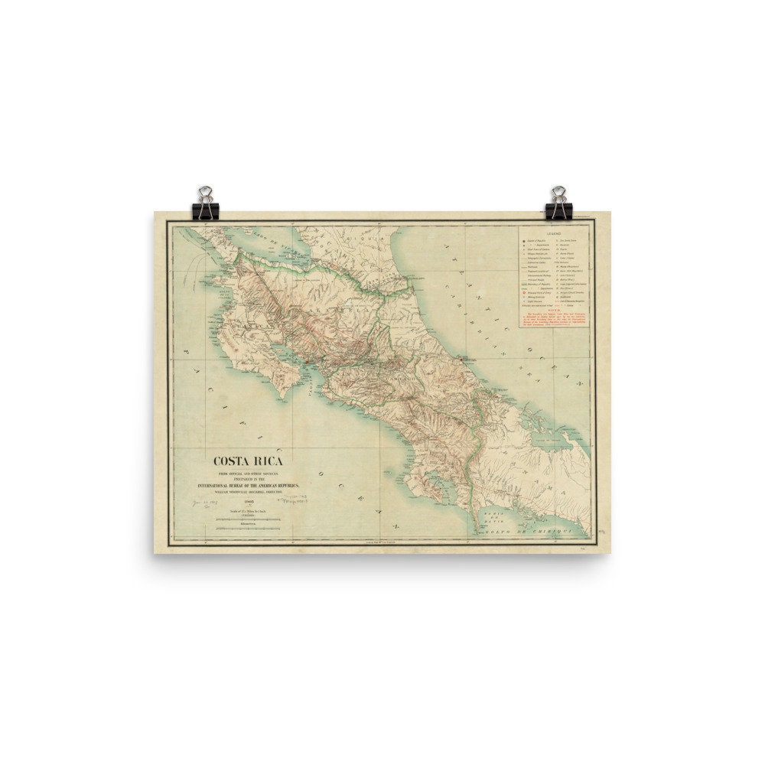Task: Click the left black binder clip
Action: pos(206,203)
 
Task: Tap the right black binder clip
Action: pos(558,203)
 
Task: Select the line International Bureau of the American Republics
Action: pos(248,485)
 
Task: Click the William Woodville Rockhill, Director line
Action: pos(248,490)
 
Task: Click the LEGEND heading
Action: pos(554,232)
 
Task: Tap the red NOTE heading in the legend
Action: pos(554,310)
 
